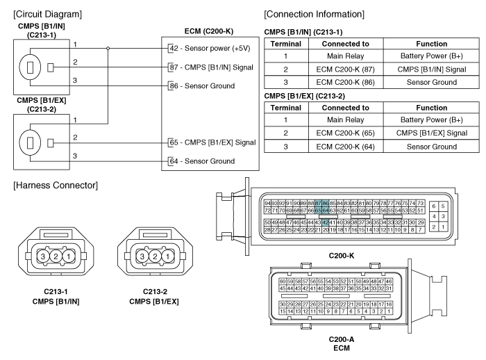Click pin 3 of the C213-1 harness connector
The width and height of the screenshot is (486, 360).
(43, 255)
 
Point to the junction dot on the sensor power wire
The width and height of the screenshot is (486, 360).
(108, 48)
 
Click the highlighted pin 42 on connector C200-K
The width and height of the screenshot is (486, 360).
(325, 202)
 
